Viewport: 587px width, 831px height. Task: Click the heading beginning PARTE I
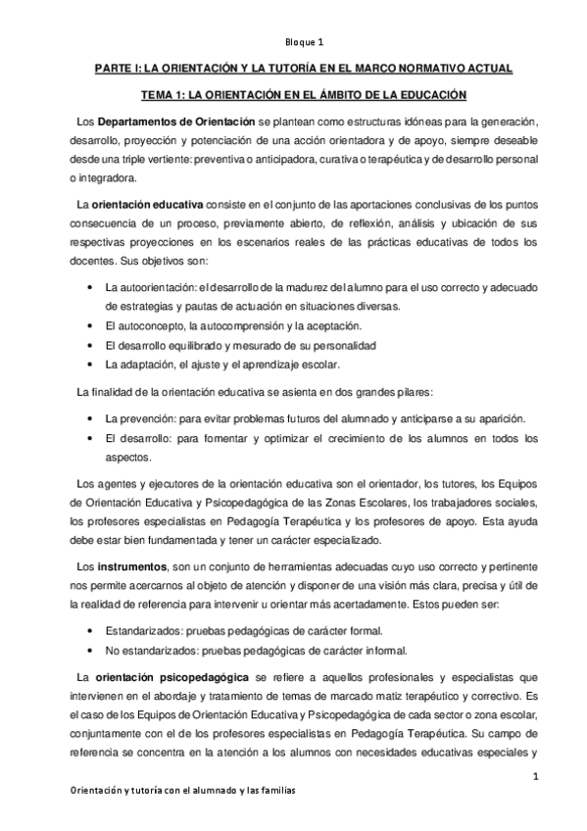point(293,71)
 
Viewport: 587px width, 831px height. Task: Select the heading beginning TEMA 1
point(293,95)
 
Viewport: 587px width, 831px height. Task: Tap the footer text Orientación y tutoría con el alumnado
point(172,790)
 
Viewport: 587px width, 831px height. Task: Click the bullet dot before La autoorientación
point(90,287)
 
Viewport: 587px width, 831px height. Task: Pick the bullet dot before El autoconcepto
point(90,324)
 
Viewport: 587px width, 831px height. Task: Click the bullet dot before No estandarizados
point(90,650)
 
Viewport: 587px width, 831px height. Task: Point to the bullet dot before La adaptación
point(90,366)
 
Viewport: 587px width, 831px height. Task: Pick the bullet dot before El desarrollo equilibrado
point(90,346)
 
